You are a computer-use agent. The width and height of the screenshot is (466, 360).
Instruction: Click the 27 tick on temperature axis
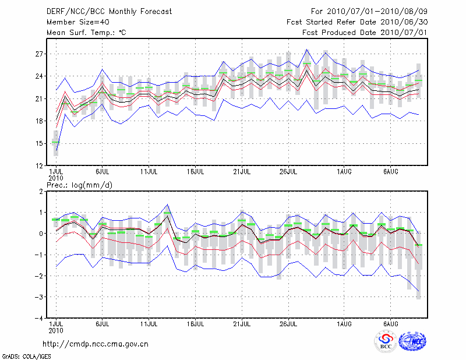40,54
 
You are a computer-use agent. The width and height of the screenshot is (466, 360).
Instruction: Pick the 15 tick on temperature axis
40,144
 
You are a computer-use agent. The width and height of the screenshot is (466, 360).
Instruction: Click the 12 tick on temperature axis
40,166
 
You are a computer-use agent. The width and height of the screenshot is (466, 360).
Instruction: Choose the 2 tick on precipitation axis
41,191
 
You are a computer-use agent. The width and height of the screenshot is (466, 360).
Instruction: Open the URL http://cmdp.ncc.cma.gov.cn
96,344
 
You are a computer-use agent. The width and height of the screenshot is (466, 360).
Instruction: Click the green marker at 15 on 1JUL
55,142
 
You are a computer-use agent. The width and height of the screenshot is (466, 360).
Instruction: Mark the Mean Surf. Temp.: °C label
86,33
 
